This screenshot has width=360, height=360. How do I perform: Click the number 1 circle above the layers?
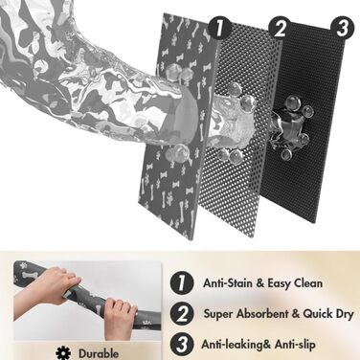(219, 28)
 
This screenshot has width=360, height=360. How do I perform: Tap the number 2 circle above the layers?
(280, 28)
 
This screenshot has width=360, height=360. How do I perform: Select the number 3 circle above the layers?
(343, 28)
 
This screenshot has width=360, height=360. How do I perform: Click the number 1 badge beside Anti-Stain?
(182, 282)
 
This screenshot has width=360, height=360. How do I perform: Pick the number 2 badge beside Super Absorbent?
(182, 314)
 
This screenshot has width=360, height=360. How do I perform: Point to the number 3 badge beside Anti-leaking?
(182, 345)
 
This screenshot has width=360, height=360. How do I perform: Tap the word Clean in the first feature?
(307, 283)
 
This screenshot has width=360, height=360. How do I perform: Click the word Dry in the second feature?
(345, 314)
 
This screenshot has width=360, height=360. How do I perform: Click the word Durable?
(99, 353)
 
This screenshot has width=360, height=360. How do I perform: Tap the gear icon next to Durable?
(63, 353)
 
